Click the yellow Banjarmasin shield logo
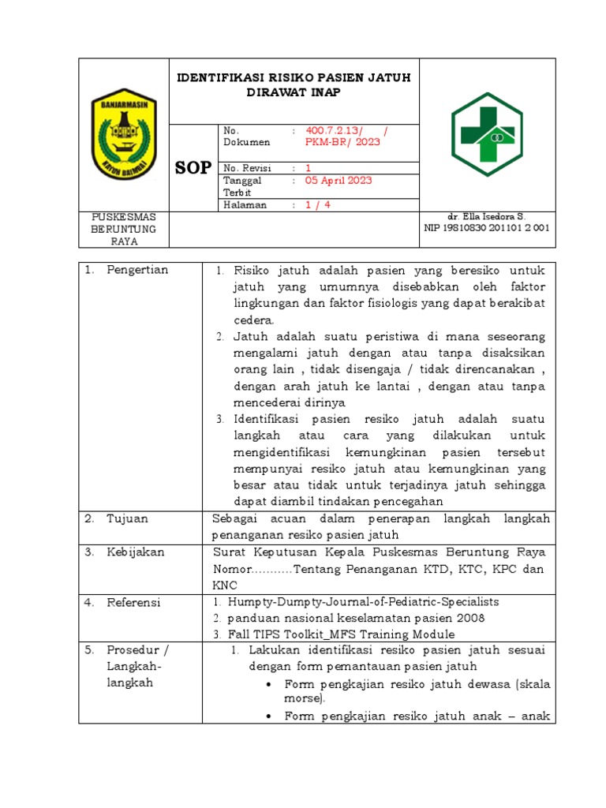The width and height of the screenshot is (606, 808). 124,133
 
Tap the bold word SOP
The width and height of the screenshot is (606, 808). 193,168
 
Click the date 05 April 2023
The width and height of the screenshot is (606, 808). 339,180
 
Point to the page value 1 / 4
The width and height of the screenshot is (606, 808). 319,205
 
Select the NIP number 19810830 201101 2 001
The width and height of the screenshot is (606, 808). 487,228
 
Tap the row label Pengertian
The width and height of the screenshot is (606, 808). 137,270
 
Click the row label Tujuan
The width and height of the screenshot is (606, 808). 127,518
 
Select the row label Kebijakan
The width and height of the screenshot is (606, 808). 136,552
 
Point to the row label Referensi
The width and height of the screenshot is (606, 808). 133,602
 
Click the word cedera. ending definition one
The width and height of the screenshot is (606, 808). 253,320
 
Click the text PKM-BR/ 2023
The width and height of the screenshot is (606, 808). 342,143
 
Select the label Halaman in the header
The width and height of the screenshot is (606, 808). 245,205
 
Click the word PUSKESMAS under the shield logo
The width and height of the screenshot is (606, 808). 124,216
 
